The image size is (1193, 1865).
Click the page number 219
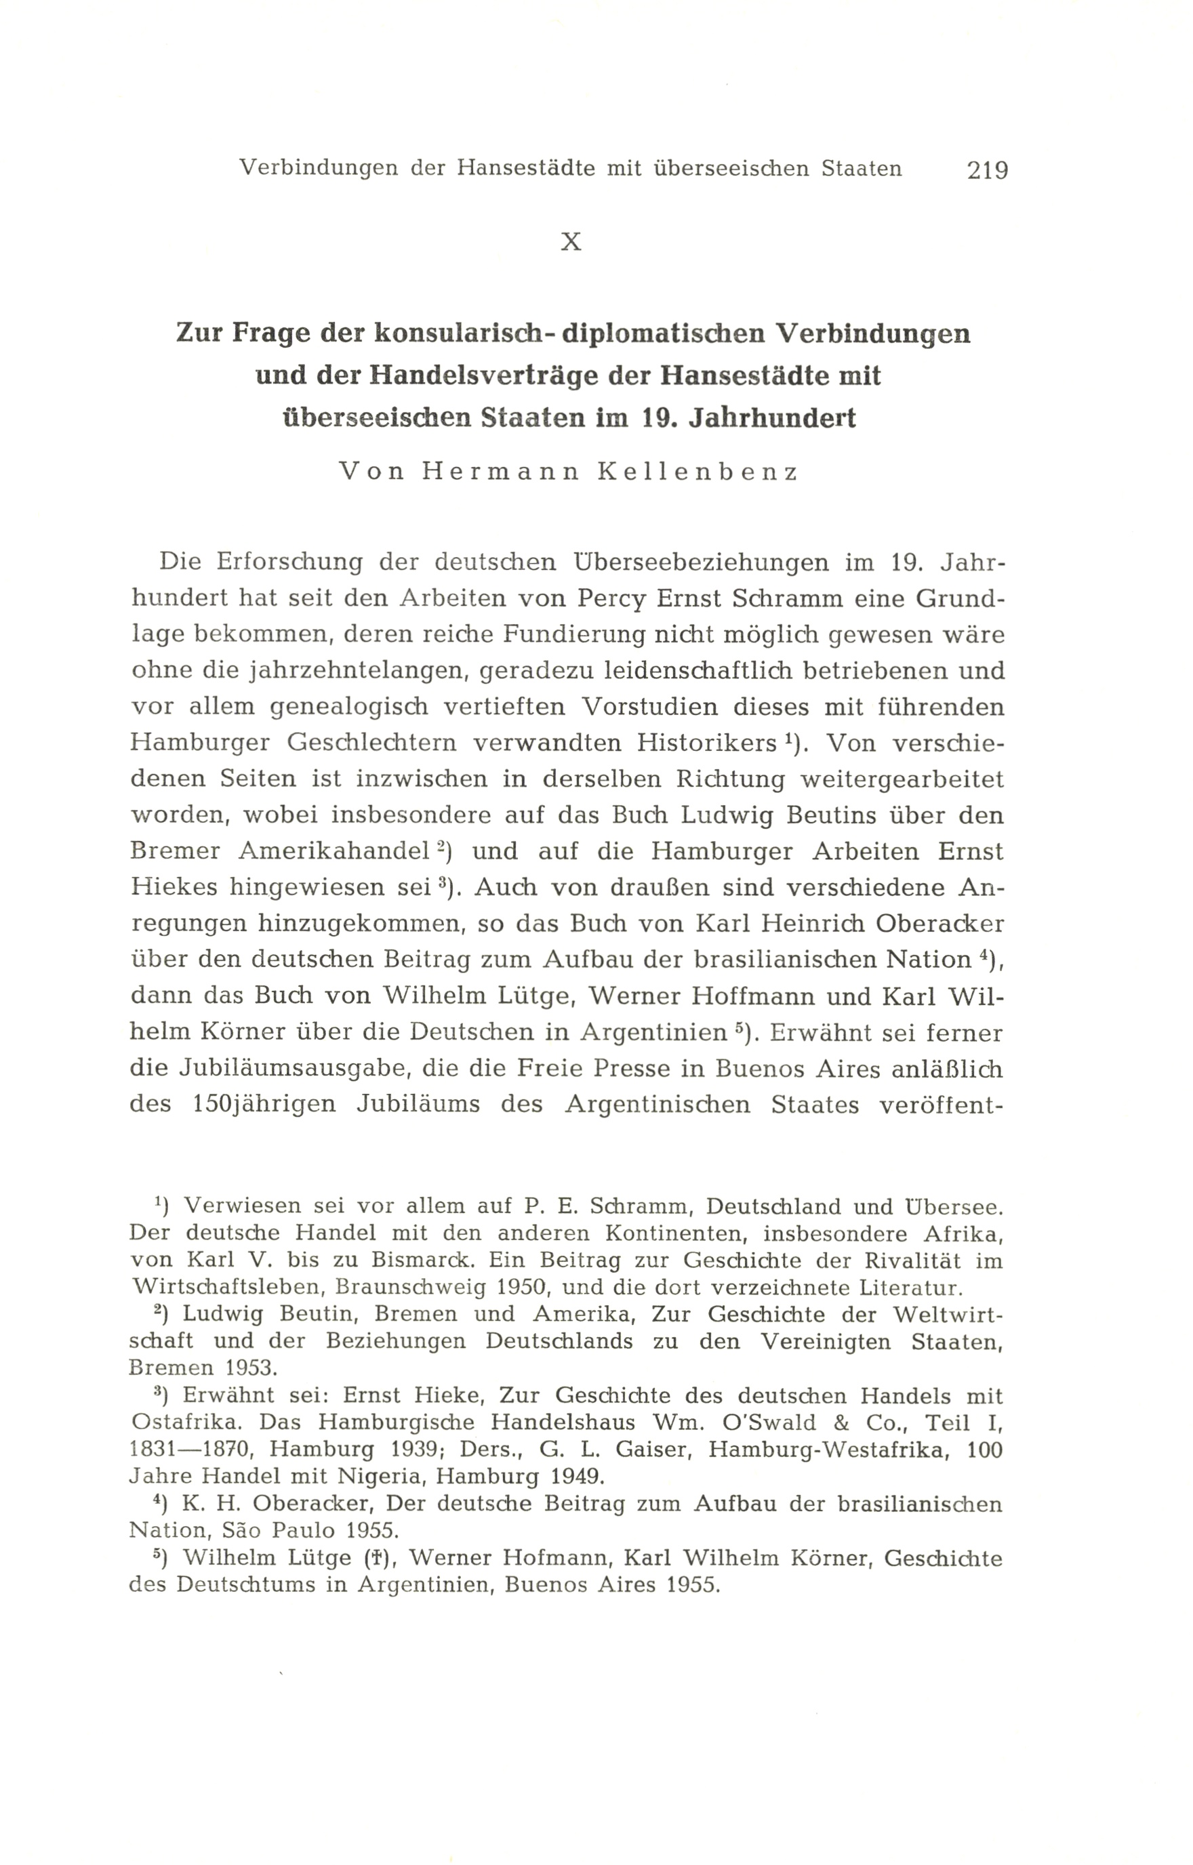tap(987, 169)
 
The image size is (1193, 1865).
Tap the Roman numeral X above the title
tap(571, 243)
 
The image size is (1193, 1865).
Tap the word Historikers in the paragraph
tap(704, 743)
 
